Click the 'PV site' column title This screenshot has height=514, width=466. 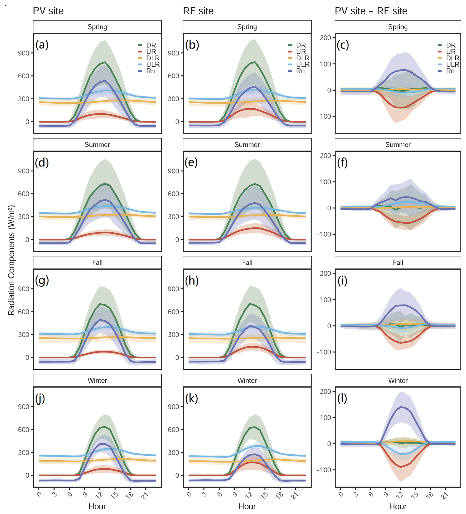point(48,11)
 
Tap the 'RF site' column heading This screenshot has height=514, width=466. point(198,11)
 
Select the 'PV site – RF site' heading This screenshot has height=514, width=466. point(371,11)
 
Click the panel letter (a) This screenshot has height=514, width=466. point(42,45)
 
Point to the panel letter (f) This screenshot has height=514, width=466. point(342,163)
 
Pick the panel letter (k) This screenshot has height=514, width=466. point(192,398)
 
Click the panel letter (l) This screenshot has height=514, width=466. point(342,398)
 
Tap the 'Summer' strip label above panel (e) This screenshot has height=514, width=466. point(247,145)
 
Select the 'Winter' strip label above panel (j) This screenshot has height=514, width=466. point(97,380)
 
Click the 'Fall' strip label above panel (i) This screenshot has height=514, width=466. point(398,262)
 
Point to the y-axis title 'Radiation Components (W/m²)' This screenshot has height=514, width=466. point(12,260)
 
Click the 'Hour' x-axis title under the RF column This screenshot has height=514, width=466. point(247,506)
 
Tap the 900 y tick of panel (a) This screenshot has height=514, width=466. point(23,53)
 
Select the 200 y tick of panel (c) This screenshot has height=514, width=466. point(325,38)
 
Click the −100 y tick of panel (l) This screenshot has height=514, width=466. point(324,470)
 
